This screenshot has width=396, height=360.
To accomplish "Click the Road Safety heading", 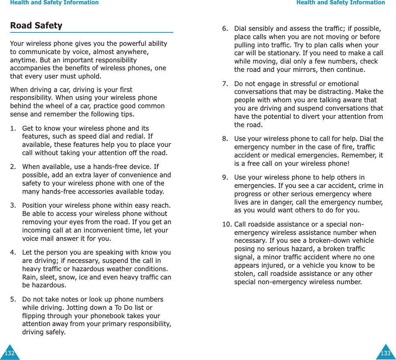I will [x=36, y=26].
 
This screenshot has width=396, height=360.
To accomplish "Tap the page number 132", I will [x=9, y=353].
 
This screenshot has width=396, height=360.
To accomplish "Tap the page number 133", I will [x=385, y=353].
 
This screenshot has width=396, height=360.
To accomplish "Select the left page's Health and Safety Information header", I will [x=54, y=3].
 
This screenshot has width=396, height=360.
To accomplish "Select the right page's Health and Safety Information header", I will [x=341, y=3].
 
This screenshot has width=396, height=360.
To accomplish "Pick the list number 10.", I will [x=227, y=224].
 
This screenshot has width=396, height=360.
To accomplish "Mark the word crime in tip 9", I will [x=367, y=186].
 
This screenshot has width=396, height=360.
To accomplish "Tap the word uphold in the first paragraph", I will [x=90, y=76].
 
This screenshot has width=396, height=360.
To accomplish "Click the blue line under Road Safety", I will [x=92, y=32].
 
